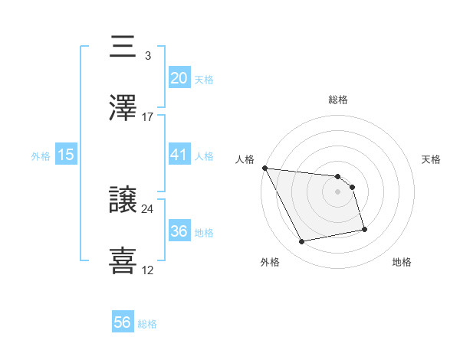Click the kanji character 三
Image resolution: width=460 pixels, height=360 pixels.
pyautogui.click(x=124, y=47)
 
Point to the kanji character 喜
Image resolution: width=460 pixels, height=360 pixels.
pyautogui.click(x=124, y=261)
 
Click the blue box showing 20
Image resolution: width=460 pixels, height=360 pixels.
pyautogui.click(x=179, y=77)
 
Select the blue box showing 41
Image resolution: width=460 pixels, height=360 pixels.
pyautogui.click(x=179, y=155)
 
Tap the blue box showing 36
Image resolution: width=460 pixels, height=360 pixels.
pyautogui.click(x=179, y=231)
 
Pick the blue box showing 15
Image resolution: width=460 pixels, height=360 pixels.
pyautogui.click(x=66, y=155)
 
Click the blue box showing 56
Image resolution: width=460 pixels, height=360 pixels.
pyautogui.click(x=123, y=322)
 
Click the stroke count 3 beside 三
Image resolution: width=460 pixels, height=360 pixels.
pyautogui.click(x=147, y=55)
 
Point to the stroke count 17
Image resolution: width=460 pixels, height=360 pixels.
pyautogui.click(x=148, y=116)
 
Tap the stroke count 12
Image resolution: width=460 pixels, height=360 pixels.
pyautogui.click(x=148, y=270)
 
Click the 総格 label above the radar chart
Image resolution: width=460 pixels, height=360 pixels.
pyautogui.click(x=338, y=100)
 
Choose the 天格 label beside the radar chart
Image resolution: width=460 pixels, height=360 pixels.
pyautogui.click(x=432, y=159)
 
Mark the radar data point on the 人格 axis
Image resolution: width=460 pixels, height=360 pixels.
pyautogui.click(x=264, y=168)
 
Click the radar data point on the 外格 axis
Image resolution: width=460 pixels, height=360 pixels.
pyautogui.click(x=302, y=242)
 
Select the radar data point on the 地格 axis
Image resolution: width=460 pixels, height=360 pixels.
pyautogui.click(x=364, y=228)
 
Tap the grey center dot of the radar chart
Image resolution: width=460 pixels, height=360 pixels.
pyautogui.click(x=338, y=191)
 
